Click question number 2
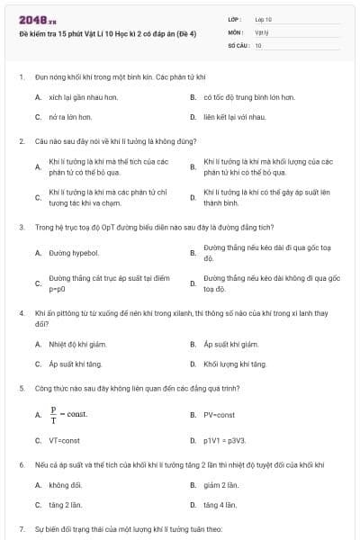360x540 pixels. click(22, 141)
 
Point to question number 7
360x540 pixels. click(22, 528)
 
